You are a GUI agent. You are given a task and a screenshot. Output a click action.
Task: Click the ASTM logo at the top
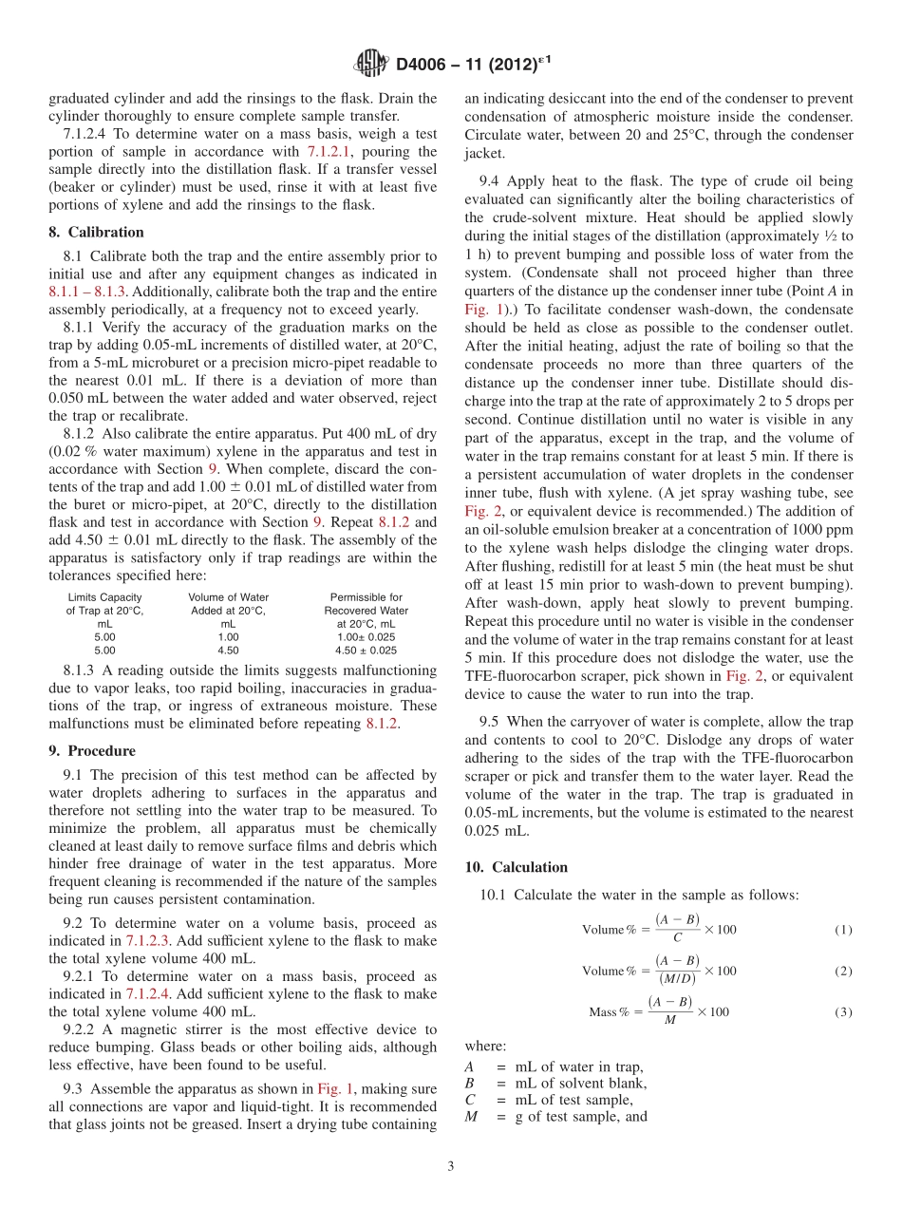pos(370,64)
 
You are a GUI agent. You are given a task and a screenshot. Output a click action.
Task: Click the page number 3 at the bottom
pos(451,1166)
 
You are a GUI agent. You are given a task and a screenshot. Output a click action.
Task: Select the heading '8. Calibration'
pos(96,232)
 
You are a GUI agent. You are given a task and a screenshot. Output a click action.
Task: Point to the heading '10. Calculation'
pos(516,867)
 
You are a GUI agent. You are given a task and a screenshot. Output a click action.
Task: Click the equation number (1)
pos(843,930)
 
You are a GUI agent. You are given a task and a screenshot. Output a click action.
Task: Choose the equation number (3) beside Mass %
pos(843,1012)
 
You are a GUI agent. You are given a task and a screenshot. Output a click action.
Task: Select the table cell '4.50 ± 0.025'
pos(366,651)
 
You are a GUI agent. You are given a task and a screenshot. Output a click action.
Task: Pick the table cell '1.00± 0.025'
pos(366,637)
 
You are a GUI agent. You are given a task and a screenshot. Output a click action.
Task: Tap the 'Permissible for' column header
pos(366,597)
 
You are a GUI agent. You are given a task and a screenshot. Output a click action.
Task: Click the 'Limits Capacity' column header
pos(104,597)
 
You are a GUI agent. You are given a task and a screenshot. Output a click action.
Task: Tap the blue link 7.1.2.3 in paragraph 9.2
pos(155,940)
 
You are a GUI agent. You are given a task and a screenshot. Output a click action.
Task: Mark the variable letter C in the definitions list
pos(470,1100)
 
